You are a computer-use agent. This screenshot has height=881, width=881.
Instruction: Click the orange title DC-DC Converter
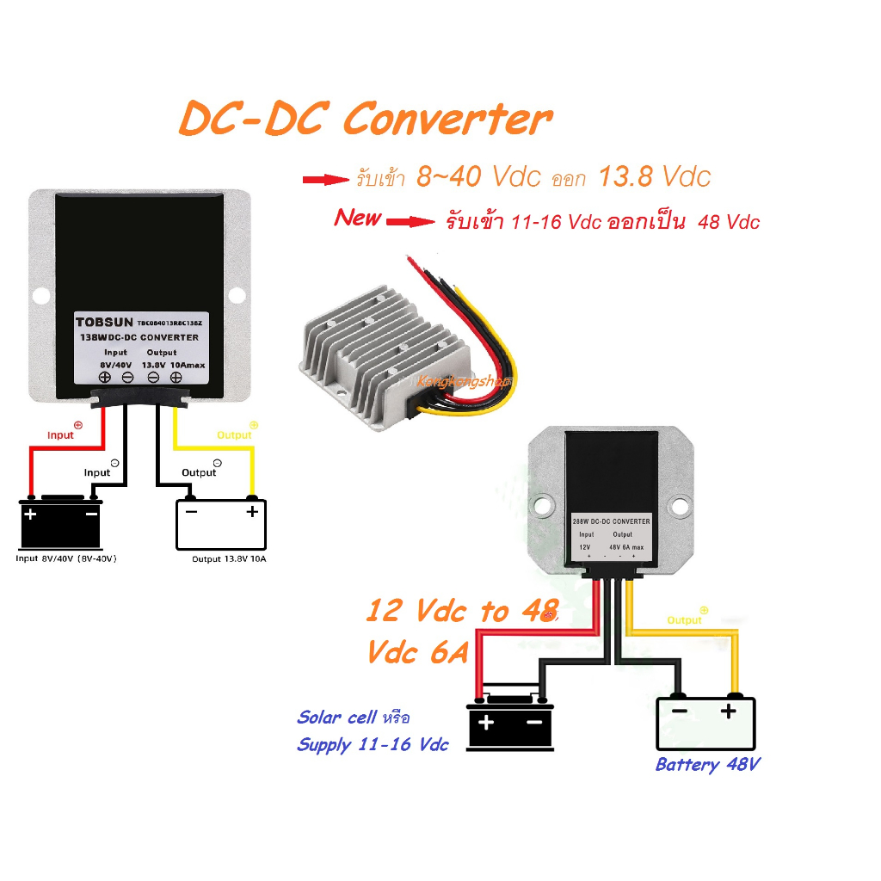[364, 120]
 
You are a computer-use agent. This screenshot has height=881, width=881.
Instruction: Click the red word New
[358, 218]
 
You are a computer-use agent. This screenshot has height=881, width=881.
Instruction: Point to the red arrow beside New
[410, 222]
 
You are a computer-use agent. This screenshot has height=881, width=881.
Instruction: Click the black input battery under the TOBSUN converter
[61, 524]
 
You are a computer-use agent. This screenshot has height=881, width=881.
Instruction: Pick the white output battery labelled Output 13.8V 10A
[221, 524]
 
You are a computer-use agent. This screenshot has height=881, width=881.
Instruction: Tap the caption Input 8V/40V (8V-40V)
[66, 558]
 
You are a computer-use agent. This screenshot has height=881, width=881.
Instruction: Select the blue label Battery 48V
[707, 764]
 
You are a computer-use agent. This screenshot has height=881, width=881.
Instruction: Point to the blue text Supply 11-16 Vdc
[373, 745]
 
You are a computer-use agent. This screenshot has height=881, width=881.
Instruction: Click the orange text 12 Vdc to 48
[462, 612]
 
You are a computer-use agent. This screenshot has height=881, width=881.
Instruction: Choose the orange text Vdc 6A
[417, 652]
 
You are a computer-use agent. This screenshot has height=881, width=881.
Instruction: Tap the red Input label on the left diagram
[60, 434]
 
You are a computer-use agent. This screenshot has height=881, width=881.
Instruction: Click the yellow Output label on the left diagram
[234, 434]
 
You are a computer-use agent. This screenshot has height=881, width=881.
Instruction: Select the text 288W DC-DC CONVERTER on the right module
[611, 521]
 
